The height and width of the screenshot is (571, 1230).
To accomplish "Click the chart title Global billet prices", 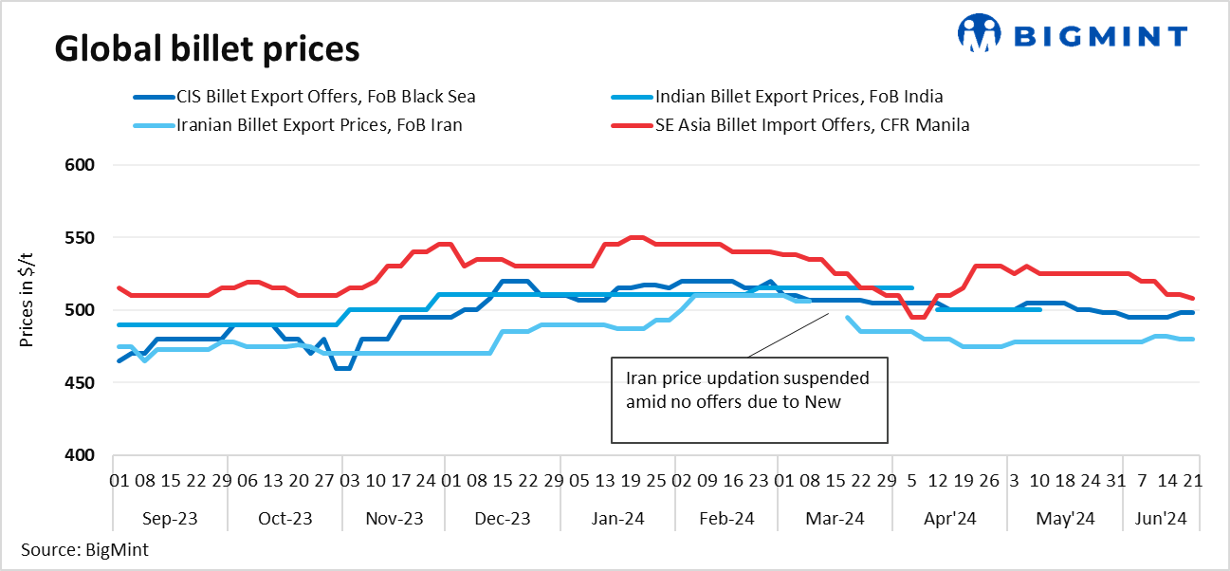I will pyautogui.click(x=207, y=47).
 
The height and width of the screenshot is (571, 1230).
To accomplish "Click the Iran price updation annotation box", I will pyautogui.click(x=749, y=399).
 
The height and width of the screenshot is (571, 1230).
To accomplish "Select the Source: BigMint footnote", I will pyautogui.click(x=83, y=549).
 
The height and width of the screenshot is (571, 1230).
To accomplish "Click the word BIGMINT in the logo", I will pyautogui.click(x=1100, y=36).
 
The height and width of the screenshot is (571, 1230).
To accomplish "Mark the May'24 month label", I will pyautogui.click(x=1066, y=519).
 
